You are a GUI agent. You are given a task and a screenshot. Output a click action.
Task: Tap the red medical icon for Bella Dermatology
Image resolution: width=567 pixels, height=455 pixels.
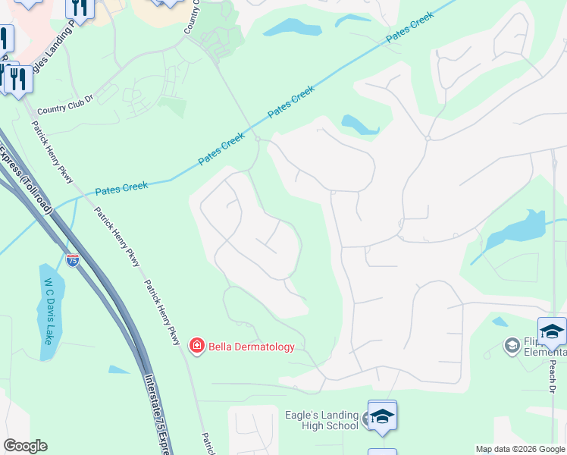coord(197,347)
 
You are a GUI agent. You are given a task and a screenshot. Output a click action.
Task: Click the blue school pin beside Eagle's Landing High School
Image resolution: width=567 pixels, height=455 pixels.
coord(382,416)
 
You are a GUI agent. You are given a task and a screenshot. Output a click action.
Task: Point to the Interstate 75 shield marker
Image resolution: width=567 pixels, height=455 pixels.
coord(73,260)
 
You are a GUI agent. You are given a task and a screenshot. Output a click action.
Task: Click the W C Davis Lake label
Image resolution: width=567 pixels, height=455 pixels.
coord(49,311)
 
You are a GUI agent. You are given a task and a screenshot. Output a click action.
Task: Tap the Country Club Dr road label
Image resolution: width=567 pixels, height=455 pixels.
coord(64,108)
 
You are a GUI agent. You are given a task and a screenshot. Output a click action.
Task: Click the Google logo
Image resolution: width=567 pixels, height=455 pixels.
coord(25,446)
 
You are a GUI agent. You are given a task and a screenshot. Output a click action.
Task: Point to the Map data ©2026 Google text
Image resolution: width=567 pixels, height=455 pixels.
coord(521,449)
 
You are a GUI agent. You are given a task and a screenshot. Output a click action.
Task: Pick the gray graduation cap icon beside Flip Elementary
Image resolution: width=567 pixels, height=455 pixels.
coord(512,347)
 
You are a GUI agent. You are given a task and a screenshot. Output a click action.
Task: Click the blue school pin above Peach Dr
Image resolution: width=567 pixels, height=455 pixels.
coord(552,331)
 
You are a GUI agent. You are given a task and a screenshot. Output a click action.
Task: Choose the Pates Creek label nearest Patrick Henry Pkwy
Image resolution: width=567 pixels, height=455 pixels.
coord(121,187)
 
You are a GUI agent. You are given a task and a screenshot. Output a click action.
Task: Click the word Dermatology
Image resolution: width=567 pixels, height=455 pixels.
coord(265,347)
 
